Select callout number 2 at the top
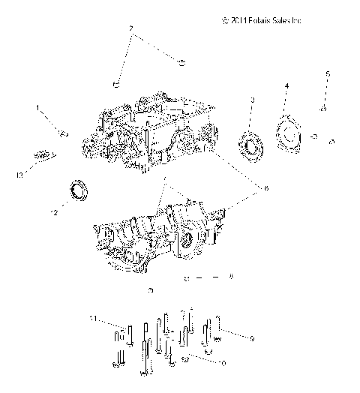click(132, 29)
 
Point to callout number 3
click(252, 100)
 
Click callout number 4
click(286, 87)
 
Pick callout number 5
click(326, 73)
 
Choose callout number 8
click(231, 277)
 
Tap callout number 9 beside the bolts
click(252, 339)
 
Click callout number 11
click(93, 320)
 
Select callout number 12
click(53, 213)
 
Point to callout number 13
click(20, 175)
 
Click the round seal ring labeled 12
click(78, 190)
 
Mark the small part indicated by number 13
click(43, 156)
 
